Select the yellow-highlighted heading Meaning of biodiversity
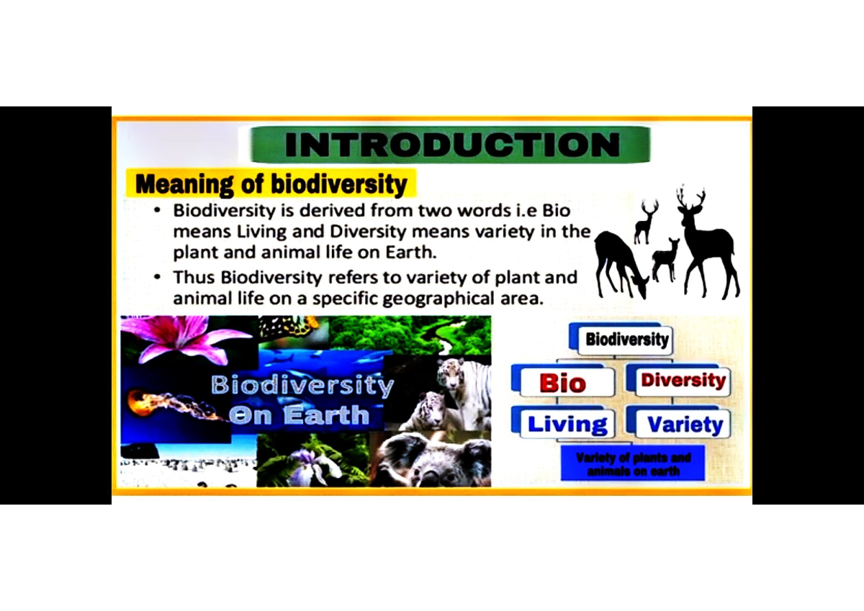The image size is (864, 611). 271,184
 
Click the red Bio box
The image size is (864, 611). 562,382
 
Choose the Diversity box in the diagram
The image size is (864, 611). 683,380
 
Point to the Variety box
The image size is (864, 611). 684,424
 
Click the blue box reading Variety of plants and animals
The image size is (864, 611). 633,464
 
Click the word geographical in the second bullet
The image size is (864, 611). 442,299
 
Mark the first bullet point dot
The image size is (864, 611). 158,212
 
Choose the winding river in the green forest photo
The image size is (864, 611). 446,334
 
